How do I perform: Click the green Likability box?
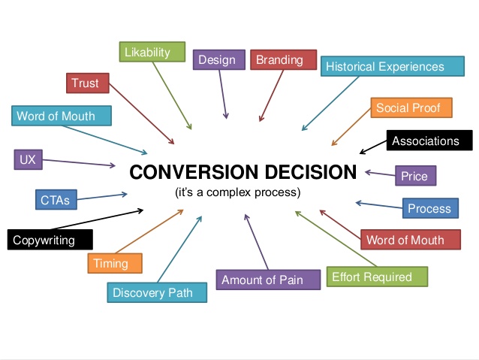coord(152,52)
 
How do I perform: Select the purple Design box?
coord(219,59)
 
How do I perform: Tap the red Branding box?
coord(284,59)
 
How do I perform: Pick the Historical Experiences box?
coord(393,66)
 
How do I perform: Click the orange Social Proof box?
coord(411,107)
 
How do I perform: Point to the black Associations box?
coord(429,141)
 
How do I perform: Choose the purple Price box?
coord(416,176)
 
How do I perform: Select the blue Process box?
coord(430,208)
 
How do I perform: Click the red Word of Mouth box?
coord(411,240)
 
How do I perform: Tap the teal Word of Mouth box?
coord(62,116)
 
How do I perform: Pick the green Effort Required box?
coord(378,277)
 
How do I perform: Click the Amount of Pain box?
coord(268,280)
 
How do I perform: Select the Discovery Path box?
coord(157,292)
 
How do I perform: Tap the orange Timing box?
coord(115,263)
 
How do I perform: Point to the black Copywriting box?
coord(50,240)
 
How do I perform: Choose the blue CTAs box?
coord(56,199)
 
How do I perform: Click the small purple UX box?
coord(28,159)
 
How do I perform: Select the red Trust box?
coord(88,83)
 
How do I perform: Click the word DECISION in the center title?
coord(310,172)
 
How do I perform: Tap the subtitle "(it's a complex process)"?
coord(238,192)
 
